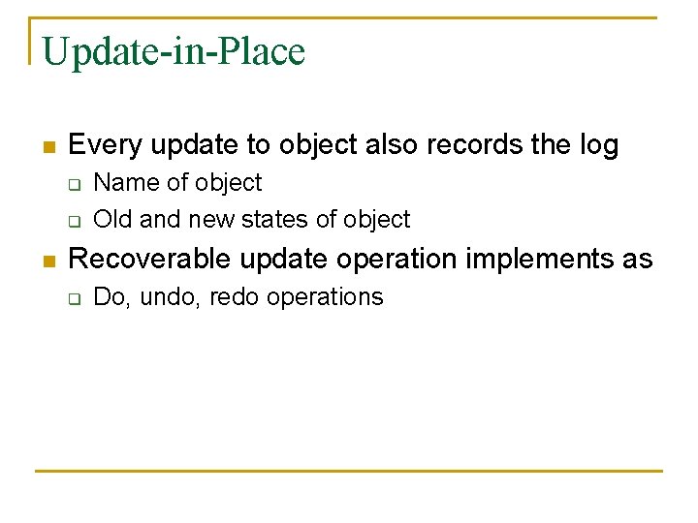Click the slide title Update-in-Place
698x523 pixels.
[174, 52]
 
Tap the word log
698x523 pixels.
[599, 145]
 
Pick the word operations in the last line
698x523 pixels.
[325, 297]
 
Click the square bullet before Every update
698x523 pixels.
[48, 147]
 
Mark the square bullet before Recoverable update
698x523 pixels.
[48, 261]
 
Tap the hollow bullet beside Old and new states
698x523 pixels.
[73, 221]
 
